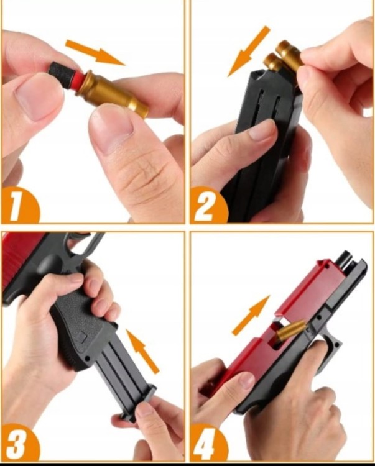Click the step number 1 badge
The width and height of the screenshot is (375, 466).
pyautogui.click(x=19, y=206)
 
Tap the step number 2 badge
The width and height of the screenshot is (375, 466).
pyautogui.click(x=208, y=206)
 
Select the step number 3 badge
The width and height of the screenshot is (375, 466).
pyautogui.click(x=20, y=443)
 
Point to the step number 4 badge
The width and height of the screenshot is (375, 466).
pyautogui.click(x=208, y=443)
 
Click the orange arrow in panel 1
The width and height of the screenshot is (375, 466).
pyautogui.click(x=95, y=52)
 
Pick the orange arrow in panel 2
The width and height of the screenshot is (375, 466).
pyautogui.click(x=248, y=51)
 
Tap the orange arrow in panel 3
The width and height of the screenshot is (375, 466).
pyautogui.click(x=143, y=350)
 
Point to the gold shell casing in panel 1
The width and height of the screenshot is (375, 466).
pyautogui.click(x=113, y=94)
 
